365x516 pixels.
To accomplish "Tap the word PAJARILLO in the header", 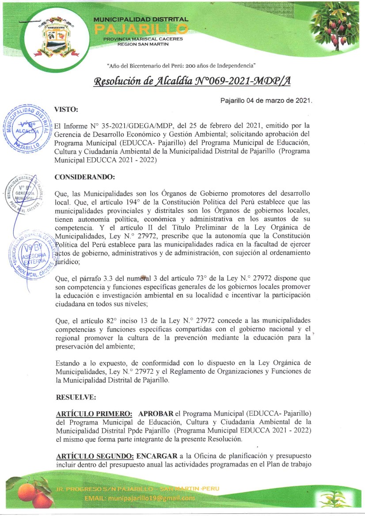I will [x=141, y=29].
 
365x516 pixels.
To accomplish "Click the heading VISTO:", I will [x=66, y=109].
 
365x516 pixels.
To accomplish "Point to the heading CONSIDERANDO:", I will [x=84, y=177].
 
